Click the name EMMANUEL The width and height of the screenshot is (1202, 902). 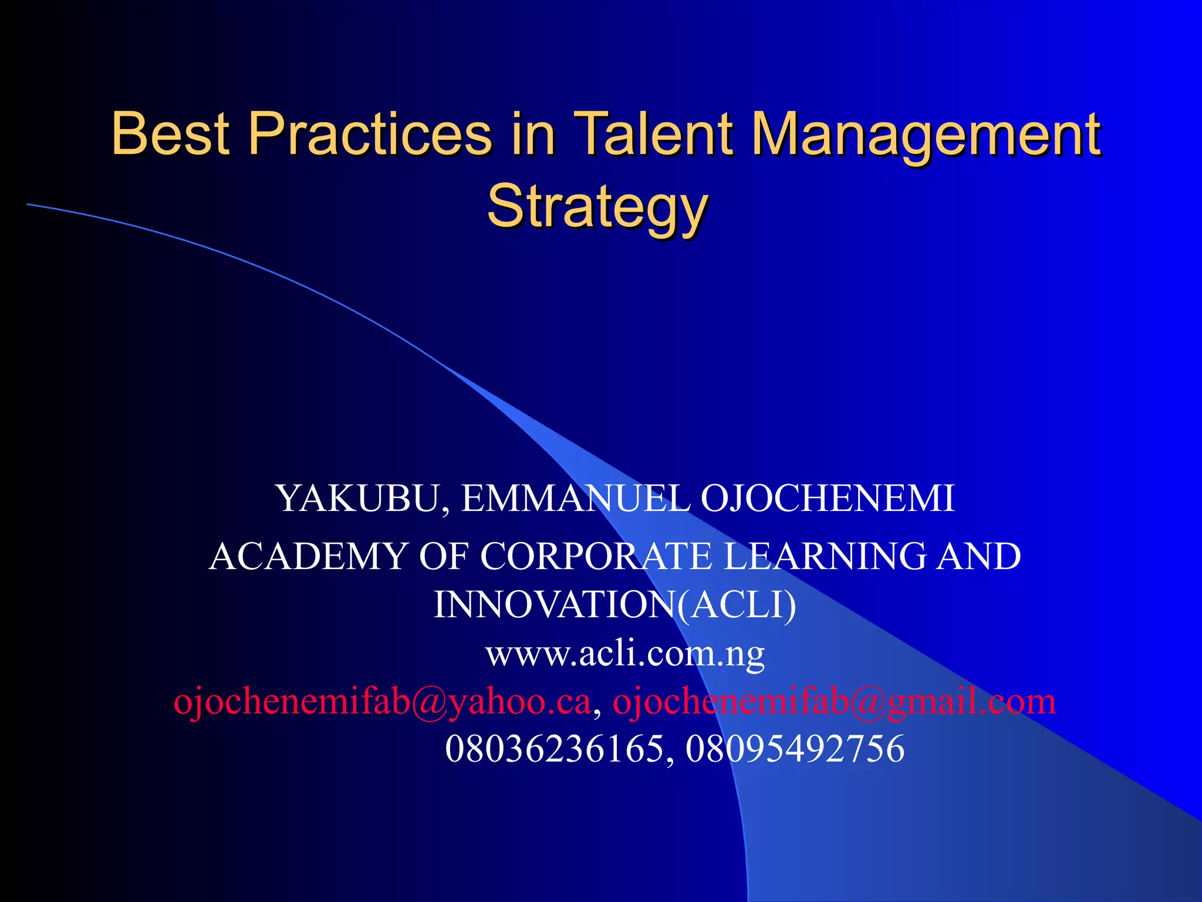point(576,499)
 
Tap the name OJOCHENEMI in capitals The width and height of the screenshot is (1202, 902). point(828,499)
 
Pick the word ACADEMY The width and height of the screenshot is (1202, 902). point(309,556)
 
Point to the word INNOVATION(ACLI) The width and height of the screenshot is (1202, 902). point(614,605)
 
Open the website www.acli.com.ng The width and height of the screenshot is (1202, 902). point(625,654)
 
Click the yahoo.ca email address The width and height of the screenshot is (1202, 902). point(382,702)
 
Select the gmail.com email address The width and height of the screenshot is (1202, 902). point(833,702)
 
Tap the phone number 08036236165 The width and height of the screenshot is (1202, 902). point(555,749)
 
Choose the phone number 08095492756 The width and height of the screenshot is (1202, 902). point(795,749)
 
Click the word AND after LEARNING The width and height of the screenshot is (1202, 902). point(978,556)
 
